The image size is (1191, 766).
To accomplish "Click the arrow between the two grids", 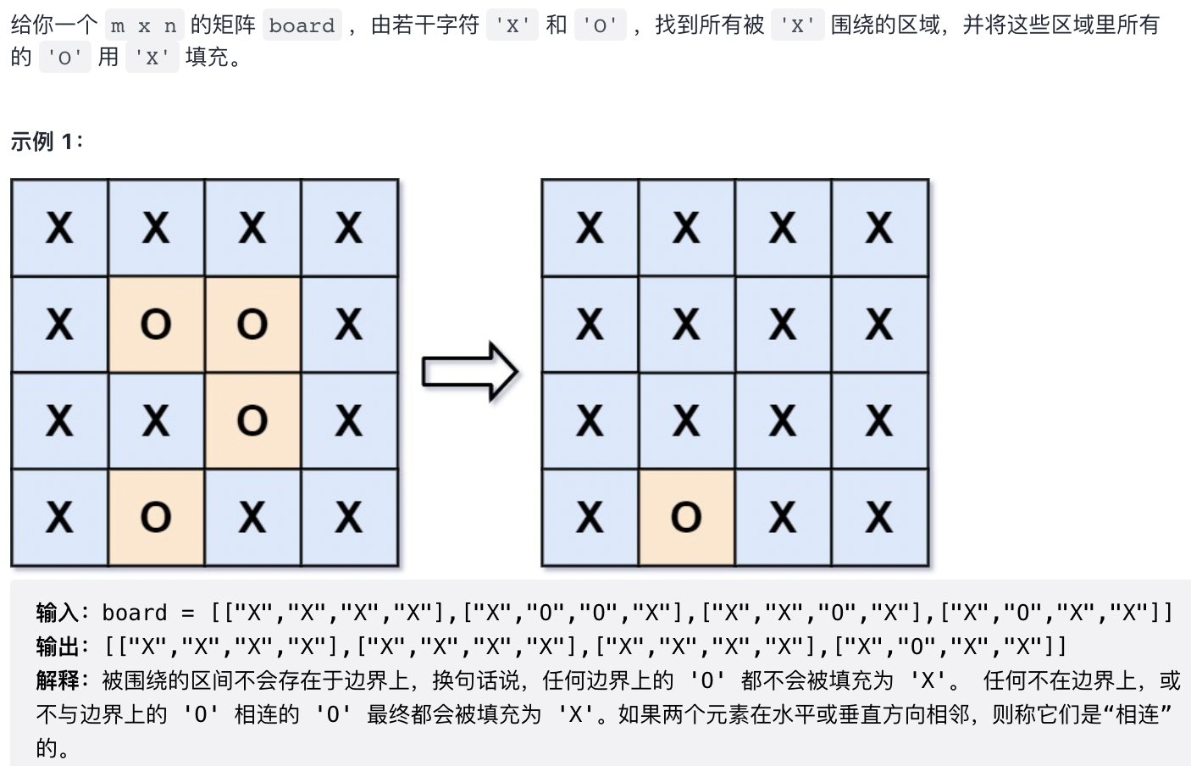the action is point(469,371).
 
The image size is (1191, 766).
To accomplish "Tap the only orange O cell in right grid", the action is point(686,517).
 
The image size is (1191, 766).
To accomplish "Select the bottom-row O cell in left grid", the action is point(156,517).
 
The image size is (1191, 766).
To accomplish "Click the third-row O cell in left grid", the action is point(252,420).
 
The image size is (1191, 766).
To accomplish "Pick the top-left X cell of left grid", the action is point(59,227).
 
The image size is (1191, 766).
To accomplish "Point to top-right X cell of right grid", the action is point(879,227).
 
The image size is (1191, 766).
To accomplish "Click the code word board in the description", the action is point(302,25).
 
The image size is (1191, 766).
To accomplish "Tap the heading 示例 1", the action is point(46,141).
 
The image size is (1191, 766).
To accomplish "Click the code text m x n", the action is point(144,25).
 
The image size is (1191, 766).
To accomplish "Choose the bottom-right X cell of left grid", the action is point(349,517).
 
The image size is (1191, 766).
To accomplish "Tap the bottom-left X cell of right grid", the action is point(590,517).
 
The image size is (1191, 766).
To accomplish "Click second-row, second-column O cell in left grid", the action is point(156,324).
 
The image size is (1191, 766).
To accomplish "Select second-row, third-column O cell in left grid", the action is point(252,324).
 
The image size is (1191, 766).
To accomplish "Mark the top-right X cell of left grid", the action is point(349,227).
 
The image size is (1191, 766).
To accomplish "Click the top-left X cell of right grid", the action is point(590,227).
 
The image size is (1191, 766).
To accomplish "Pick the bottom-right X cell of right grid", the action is point(879,517).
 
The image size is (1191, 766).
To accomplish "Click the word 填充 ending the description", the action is point(207,58).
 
